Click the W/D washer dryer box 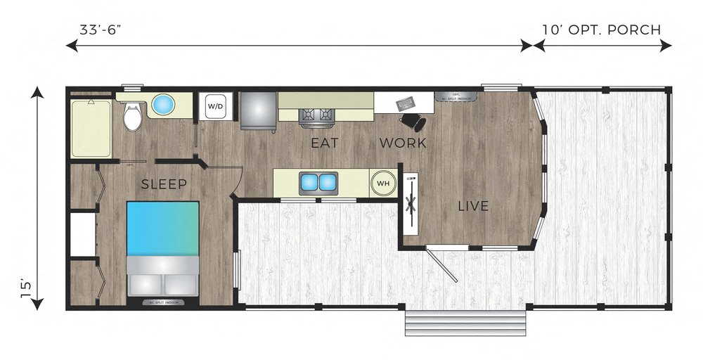point(215,107)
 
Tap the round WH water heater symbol point(383,183)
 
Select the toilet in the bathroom point(131,117)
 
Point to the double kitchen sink point(318,183)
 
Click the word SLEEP point(164,185)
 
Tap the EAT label point(325,143)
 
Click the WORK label point(403,143)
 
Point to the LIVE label point(472,206)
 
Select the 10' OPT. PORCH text point(601,30)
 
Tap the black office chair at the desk point(418,122)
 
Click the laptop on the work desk point(406,105)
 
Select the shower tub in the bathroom point(91,128)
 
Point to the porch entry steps point(465,324)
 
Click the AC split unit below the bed point(163,303)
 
